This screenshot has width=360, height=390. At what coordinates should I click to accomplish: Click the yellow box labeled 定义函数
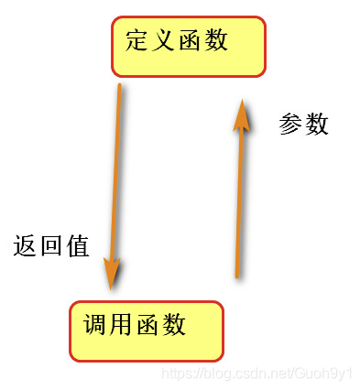(x=189, y=46)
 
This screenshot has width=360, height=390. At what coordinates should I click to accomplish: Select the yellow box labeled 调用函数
(x=147, y=330)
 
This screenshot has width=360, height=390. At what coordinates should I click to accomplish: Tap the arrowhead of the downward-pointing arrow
(x=113, y=271)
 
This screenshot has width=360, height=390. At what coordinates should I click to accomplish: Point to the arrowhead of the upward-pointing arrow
(x=241, y=111)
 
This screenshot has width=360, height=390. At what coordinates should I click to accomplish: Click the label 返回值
(x=51, y=246)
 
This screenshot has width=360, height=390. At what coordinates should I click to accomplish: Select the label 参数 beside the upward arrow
(x=303, y=125)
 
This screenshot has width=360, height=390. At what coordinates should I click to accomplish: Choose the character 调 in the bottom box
(x=95, y=324)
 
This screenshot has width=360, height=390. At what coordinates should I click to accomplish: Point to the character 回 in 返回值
(x=51, y=246)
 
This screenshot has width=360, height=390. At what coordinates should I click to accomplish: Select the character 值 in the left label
(x=77, y=246)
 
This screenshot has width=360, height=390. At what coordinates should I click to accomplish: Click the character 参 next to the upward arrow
(x=290, y=125)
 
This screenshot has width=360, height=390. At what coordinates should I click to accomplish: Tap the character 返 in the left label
(x=26, y=246)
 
